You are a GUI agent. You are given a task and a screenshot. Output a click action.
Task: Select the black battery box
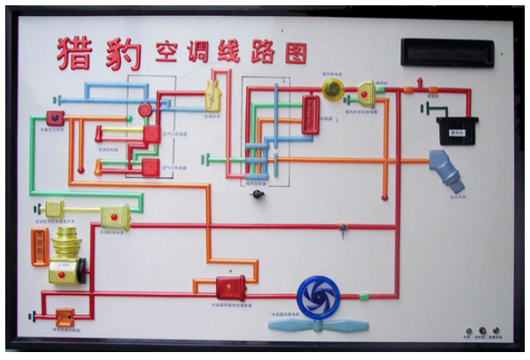click(457, 129)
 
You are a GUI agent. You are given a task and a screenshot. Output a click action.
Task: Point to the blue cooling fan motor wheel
click(317, 297)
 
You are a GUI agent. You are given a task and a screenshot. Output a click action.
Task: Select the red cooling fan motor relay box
click(230, 287)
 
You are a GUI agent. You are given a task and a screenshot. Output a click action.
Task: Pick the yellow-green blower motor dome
click(332, 87)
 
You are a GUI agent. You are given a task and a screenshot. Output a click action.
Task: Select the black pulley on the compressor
click(81, 270)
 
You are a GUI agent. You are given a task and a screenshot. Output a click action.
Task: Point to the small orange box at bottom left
click(64, 315)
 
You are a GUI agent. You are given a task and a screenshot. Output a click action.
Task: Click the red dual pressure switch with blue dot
click(56, 116)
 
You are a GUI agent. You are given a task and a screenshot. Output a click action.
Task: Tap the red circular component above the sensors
click(145, 109)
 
